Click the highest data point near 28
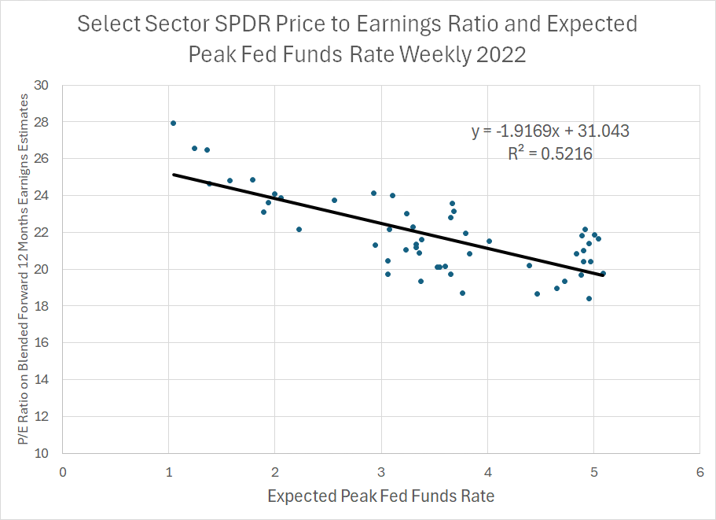173,123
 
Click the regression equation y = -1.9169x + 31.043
550,131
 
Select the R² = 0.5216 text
550,154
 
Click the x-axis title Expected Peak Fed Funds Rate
381,496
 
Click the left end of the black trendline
174,175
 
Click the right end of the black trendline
603,275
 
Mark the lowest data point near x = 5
589,298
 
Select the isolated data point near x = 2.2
299,229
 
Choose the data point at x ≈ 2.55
334,200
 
